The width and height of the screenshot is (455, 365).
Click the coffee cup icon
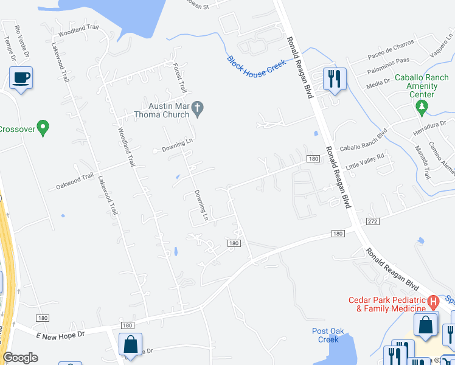click(21, 78)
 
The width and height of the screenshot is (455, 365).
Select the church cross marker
click(196, 109)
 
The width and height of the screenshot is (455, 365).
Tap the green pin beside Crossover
click(43, 128)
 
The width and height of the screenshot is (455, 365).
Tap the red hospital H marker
click(432, 301)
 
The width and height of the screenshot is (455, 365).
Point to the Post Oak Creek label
click(328, 335)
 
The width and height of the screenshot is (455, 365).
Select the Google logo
click(20, 358)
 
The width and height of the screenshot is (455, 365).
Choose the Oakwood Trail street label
click(75, 179)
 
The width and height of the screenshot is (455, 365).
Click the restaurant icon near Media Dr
click(334, 80)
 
